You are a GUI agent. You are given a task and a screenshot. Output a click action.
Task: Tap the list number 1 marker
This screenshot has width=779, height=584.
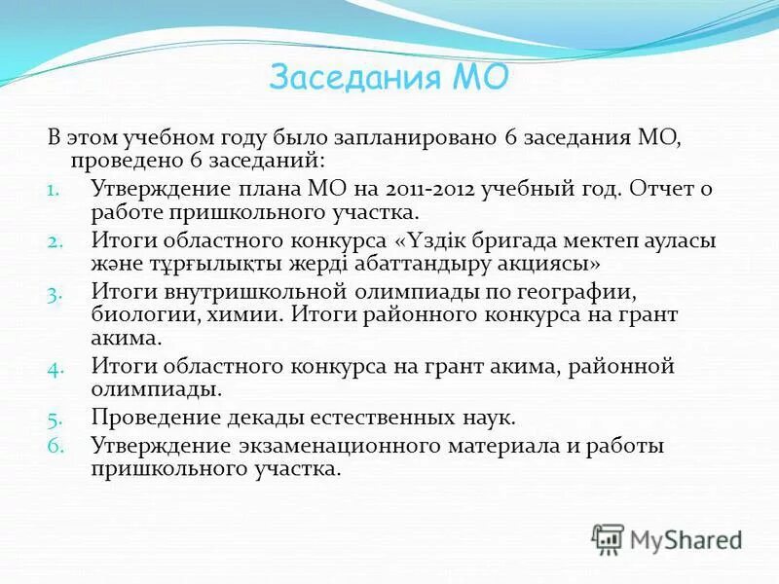pyautogui.click(x=54, y=189)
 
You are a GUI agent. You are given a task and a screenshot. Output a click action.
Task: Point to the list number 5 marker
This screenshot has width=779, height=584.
pyautogui.click(x=54, y=420)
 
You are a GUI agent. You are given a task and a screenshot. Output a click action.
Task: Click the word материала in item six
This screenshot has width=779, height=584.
pyautogui.click(x=555, y=446)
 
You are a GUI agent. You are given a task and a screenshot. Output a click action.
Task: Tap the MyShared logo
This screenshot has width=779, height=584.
pyautogui.click(x=667, y=539)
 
